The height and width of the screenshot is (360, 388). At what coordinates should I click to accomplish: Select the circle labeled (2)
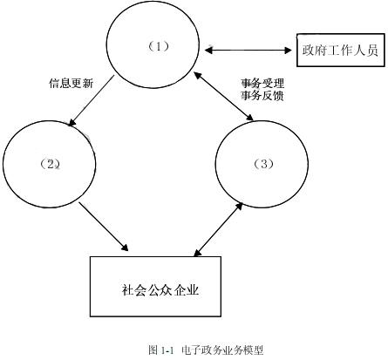coord(49,164)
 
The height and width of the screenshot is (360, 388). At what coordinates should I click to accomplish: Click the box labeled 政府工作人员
coord(339,50)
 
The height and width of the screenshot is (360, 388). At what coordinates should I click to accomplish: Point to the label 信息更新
coord(71,85)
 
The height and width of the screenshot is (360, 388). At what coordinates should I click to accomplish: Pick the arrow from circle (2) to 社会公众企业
coord(108,227)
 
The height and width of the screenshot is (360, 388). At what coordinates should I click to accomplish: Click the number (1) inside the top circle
coord(157,47)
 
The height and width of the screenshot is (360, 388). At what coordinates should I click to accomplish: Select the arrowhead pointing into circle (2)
coord(71,123)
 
